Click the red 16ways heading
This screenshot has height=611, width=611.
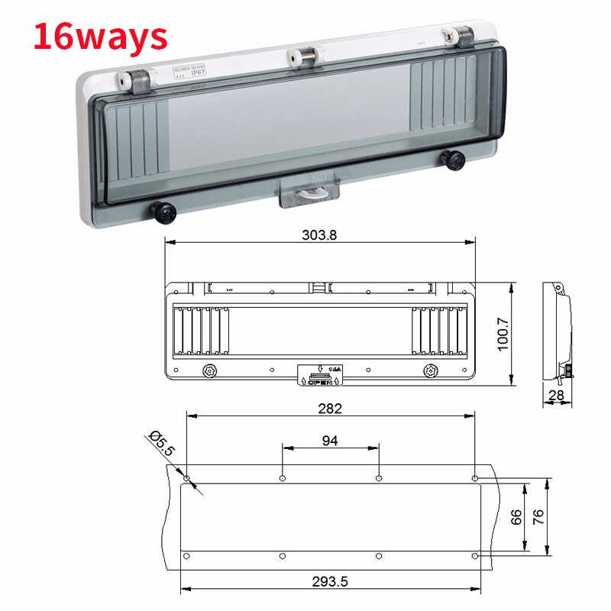tap(100, 36)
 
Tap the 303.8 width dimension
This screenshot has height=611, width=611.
tap(319, 235)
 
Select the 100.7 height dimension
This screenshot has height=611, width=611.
tap(503, 333)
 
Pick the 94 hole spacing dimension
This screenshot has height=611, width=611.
tap(330, 440)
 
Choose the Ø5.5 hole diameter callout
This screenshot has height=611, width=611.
tap(161, 444)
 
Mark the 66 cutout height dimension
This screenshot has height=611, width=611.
tap(516, 516)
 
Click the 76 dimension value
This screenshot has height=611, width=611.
tap(539, 516)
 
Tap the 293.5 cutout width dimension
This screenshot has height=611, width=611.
tap(330, 581)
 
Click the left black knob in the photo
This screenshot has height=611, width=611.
tap(164, 212)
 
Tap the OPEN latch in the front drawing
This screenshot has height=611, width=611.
tap(320, 374)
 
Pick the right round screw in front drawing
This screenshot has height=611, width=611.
tap(430, 370)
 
